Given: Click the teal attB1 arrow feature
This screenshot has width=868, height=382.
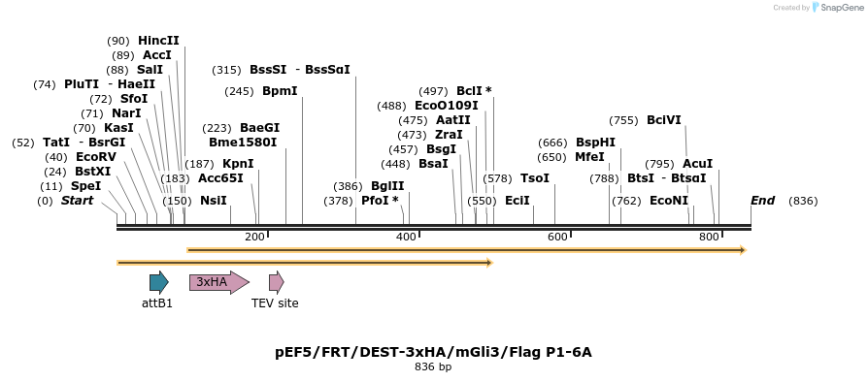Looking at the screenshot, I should coord(158,282).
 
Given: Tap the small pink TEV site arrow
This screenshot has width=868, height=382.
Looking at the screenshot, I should coord(276,282).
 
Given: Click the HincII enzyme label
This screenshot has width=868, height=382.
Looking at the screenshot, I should coord(158,41).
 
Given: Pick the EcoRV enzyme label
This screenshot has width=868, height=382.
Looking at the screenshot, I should coord(95,157).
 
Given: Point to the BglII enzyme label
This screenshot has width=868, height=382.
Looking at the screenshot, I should coord(387,186).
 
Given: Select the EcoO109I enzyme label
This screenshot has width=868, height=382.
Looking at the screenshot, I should coord(446,106).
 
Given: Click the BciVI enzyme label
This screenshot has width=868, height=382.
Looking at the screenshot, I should coord(664,120).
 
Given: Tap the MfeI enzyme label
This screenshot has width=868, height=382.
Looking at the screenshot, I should coord(589,157).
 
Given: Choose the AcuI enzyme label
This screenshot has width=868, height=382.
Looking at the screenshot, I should coord(697,164).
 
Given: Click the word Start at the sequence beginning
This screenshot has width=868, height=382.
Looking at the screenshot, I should coord(78,201).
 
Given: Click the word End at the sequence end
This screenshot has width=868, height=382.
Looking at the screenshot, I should coord(762,201).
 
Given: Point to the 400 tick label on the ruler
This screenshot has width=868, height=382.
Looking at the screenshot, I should coord(406,238).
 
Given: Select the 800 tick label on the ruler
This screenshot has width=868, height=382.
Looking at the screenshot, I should coord(709,238).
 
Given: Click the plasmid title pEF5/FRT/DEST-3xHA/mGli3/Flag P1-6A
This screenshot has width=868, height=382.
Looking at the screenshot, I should coord(433,352).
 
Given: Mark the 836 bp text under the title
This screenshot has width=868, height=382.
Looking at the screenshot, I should coord(433,367).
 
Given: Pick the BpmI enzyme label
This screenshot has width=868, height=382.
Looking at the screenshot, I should coord(280,91).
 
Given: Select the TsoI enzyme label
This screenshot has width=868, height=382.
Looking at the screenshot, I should coord(534,178).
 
